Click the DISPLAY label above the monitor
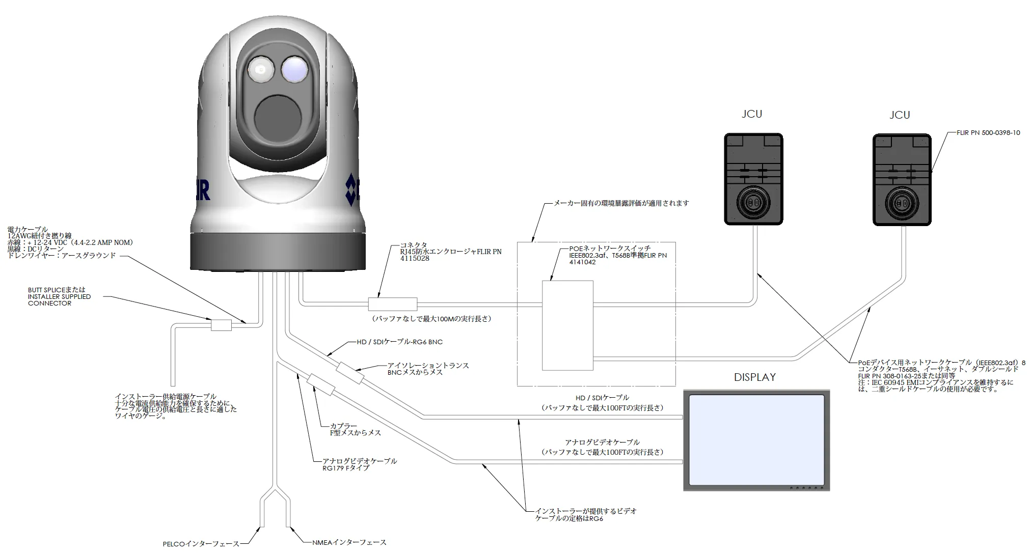(x=754, y=377)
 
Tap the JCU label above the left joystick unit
(x=752, y=114)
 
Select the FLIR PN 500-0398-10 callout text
(x=988, y=133)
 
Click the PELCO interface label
(x=201, y=544)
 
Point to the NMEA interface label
(x=349, y=542)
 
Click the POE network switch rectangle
(x=567, y=325)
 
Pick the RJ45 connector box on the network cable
(x=392, y=304)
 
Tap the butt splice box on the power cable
(x=221, y=324)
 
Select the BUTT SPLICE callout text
(x=59, y=296)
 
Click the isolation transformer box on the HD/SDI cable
(x=350, y=373)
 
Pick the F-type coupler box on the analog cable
(x=320, y=384)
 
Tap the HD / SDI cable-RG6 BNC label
(x=399, y=342)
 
